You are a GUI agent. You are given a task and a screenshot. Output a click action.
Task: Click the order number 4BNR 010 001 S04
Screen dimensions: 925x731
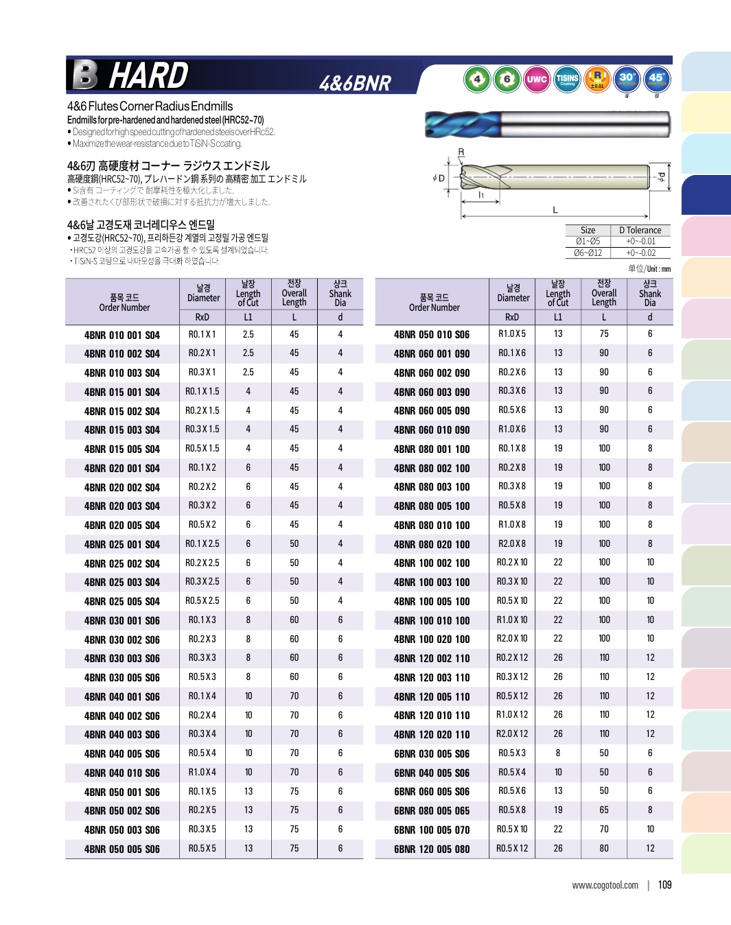[x=122, y=335]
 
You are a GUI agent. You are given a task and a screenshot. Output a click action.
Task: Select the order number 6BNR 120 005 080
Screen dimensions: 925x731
[x=432, y=849]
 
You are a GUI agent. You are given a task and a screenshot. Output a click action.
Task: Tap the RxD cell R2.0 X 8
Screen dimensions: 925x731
[x=512, y=543]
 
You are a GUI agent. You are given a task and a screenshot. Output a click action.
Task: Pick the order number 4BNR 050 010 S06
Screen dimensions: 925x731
[x=432, y=334]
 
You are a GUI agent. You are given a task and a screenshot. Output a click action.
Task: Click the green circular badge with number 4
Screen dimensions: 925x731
[x=477, y=79]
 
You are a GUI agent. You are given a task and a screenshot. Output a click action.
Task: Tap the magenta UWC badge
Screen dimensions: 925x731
[x=536, y=79]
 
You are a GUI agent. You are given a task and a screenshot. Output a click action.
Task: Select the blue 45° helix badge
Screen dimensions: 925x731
[x=656, y=79]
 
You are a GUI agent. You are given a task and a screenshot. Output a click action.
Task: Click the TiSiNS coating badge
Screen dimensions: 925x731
[x=567, y=79]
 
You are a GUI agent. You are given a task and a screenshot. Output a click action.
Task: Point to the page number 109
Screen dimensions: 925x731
[x=664, y=885]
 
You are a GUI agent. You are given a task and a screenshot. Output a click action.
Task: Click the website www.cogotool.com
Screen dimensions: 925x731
[x=605, y=885]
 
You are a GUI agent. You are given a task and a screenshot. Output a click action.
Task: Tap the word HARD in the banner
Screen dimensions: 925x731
[x=148, y=75]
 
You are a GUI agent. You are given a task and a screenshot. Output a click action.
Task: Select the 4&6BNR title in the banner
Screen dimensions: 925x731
[x=355, y=83]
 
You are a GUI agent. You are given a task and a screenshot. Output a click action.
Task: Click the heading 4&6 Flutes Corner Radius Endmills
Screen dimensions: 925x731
[x=150, y=106]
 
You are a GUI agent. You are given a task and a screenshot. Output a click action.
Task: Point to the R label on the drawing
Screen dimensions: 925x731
[x=461, y=152]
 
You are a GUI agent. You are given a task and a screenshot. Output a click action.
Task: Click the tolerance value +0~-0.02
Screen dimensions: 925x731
[x=640, y=253]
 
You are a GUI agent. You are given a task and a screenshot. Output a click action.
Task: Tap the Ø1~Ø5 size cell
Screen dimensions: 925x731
[x=588, y=242]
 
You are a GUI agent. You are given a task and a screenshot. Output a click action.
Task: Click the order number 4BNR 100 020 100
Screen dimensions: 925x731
[x=432, y=640]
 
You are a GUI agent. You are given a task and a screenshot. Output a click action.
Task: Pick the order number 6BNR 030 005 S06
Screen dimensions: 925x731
[x=432, y=753]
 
